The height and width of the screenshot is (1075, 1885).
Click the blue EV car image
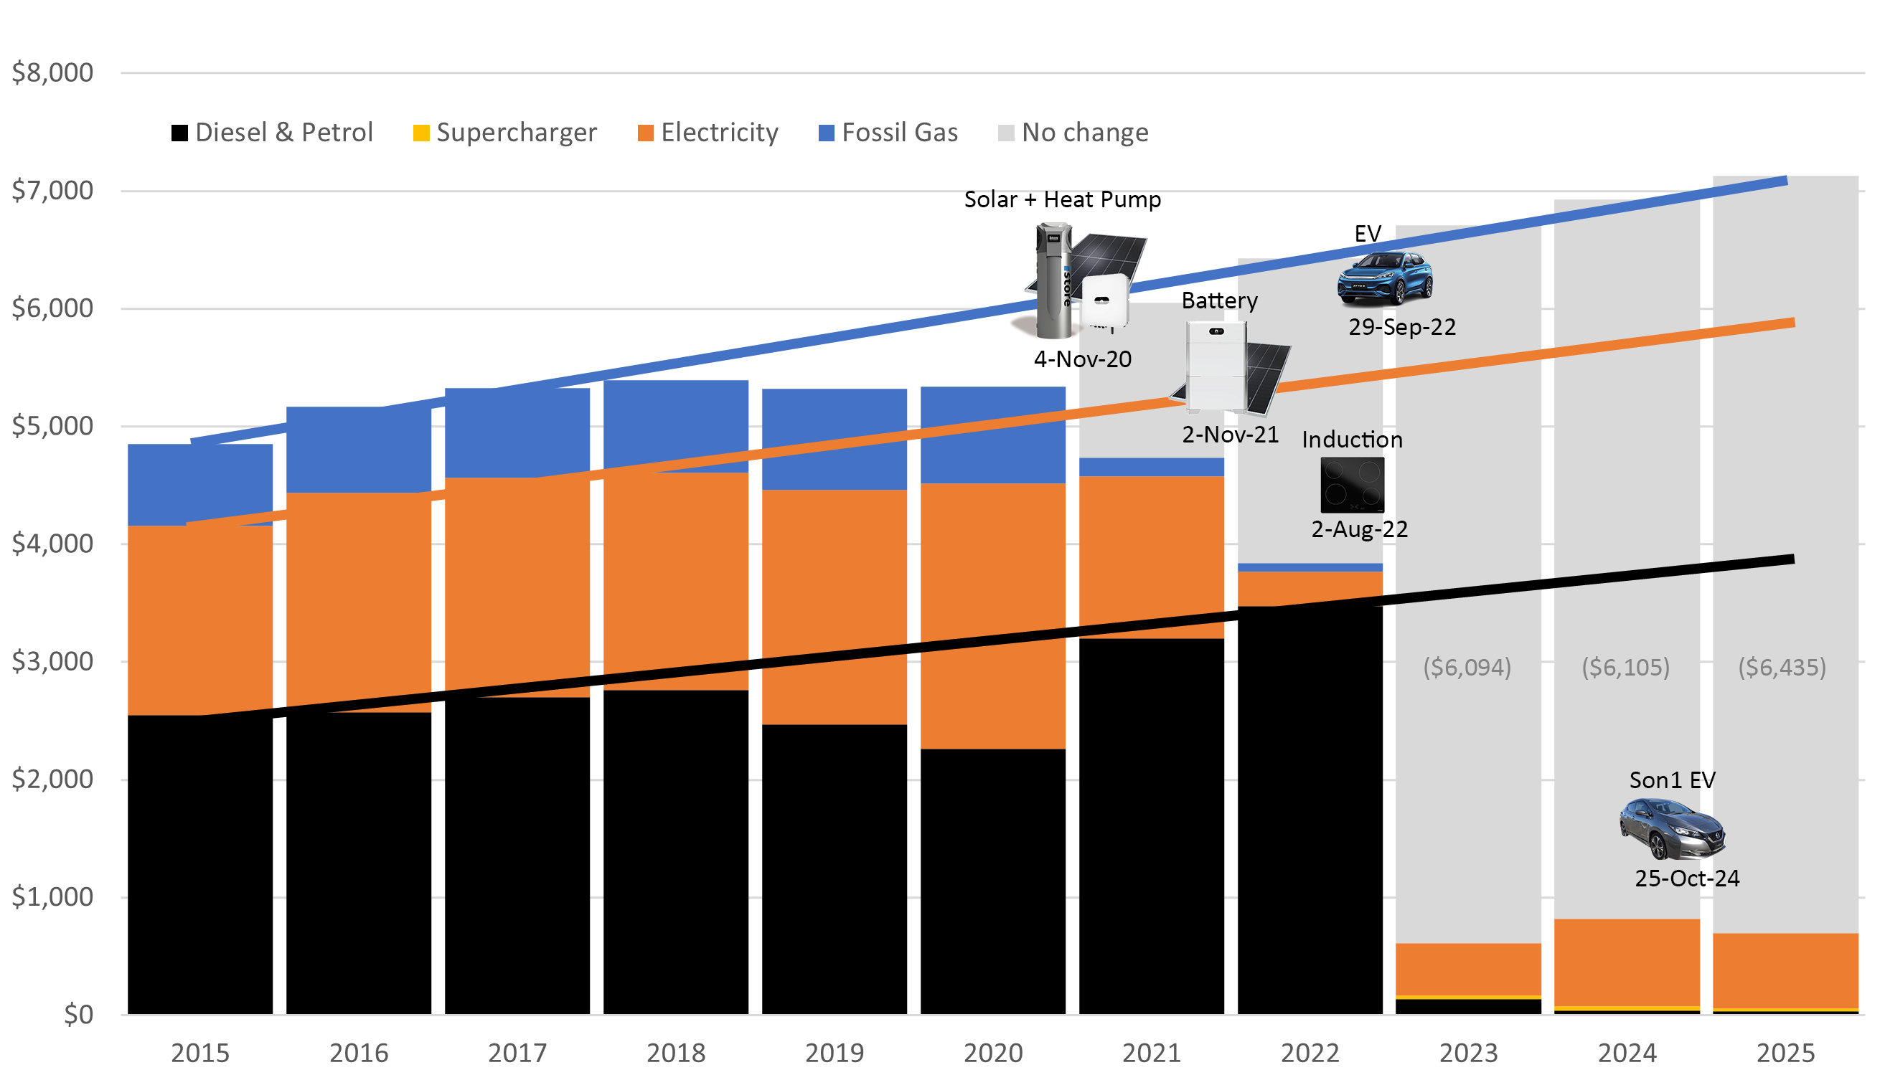coord(1384,278)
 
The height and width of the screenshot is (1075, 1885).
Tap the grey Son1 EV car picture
coord(1672,829)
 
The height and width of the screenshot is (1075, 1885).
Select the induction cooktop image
coord(1352,485)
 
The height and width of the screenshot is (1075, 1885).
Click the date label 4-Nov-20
coord(1082,359)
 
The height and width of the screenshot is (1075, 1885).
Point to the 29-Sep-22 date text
coord(1401,327)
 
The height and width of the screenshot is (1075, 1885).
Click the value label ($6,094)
coord(1467,668)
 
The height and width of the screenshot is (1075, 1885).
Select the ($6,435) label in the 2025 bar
coord(1782,668)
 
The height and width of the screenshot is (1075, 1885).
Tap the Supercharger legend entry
coord(505,133)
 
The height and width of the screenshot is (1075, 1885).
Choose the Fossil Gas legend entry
coord(888,133)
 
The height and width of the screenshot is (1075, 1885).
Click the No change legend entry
coord(1073,133)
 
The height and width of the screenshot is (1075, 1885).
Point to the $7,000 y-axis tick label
coord(52,191)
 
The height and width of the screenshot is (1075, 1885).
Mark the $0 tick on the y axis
coord(78,1015)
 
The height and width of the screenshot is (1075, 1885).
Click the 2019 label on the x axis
coord(834,1053)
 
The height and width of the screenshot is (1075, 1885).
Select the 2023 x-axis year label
coord(1467,1053)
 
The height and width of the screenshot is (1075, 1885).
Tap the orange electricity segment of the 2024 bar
coord(1627,962)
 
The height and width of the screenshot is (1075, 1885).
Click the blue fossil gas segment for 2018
coord(675,425)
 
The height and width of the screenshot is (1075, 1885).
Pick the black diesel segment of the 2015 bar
coord(199,864)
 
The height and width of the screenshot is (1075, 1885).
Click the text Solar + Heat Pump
coord(1062,200)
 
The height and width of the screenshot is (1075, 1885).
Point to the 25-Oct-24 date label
coord(1686,879)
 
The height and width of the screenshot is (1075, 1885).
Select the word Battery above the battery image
coord(1218,301)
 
